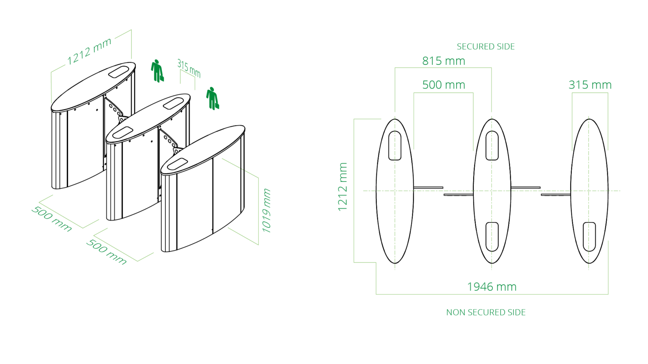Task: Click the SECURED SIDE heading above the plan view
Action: [485, 47]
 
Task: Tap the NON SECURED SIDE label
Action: [486, 312]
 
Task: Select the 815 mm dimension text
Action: [443, 61]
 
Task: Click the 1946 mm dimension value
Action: [492, 287]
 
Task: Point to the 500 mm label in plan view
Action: [443, 85]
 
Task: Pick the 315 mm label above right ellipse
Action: [590, 85]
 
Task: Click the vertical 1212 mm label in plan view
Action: [343, 187]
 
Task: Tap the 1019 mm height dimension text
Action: [267, 211]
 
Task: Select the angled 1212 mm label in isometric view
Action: [89, 51]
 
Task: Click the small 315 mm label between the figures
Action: [189, 69]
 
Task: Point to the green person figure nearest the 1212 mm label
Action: [157, 71]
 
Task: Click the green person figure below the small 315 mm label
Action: [213, 98]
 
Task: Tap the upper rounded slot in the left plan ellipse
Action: [395, 146]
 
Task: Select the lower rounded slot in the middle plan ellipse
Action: [492, 237]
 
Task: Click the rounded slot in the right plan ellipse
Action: [589, 237]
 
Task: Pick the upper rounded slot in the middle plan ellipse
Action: [492, 146]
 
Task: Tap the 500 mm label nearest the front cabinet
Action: [106, 252]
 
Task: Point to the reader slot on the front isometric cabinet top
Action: [178, 164]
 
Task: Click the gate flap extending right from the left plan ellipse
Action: [428, 187]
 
